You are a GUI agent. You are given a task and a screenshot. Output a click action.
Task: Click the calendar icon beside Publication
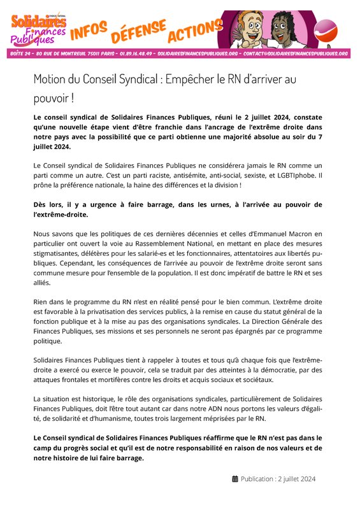click(x=235, y=479)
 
